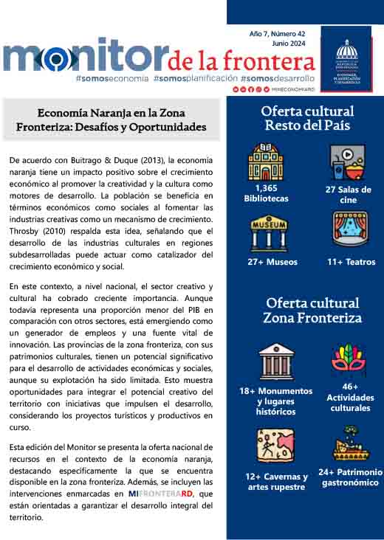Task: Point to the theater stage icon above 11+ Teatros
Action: pos(348,231)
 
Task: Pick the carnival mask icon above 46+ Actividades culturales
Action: pos(346,359)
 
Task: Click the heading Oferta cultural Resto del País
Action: pos(307,118)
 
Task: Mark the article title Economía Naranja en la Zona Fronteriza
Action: pos(111,120)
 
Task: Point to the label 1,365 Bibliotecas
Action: pos(266,193)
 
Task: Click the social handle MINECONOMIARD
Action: pos(292,89)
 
